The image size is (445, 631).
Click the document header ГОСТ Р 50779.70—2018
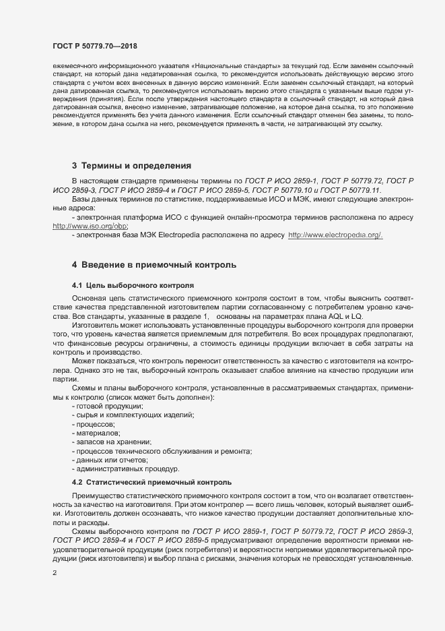[x=96, y=47]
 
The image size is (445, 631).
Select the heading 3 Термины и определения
[x=132, y=164]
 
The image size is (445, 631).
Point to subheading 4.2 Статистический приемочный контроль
[x=151, y=482]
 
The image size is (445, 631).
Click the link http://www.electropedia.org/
[x=335, y=235]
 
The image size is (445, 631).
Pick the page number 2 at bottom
[x=55, y=573]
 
